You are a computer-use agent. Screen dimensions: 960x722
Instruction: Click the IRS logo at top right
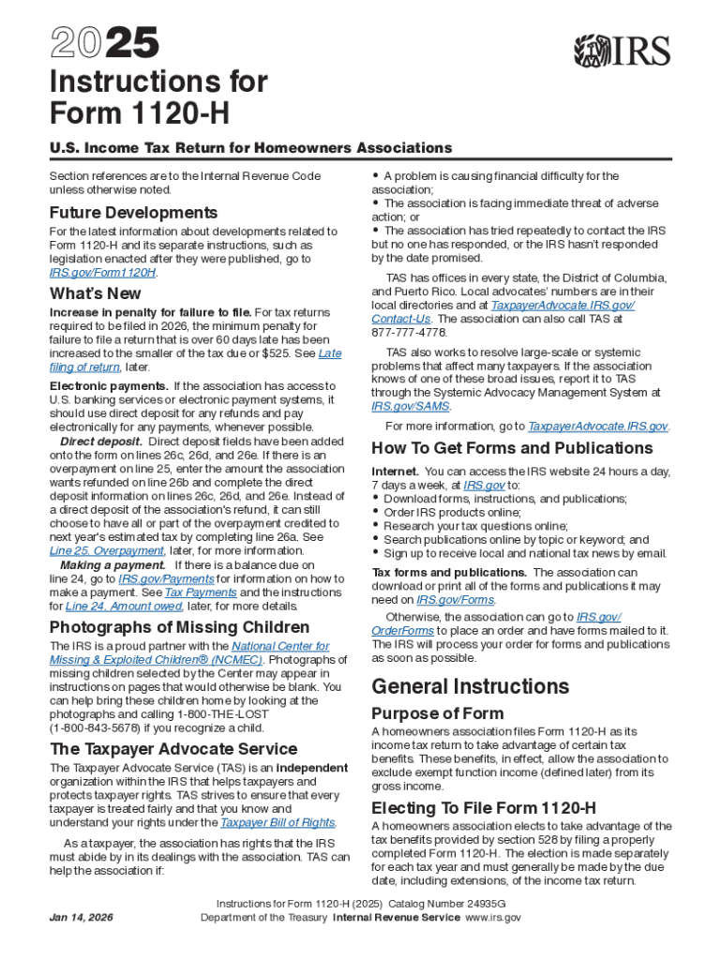click(x=622, y=50)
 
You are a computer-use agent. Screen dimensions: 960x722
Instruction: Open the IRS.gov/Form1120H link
click(x=102, y=272)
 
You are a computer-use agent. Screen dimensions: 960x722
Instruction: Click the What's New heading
click(x=96, y=294)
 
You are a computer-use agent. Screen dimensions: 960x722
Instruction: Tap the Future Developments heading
click(x=133, y=213)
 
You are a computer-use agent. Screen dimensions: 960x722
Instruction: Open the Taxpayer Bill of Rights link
click(x=278, y=822)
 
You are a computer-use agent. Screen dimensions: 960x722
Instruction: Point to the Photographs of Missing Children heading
click(x=179, y=627)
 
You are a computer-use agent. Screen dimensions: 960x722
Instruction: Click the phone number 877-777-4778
click(x=410, y=332)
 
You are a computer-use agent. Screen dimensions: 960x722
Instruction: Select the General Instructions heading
click(x=470, y=685)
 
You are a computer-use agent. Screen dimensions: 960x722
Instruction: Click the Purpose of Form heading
click(x=437, y=713)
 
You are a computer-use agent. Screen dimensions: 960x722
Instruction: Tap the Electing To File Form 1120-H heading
click(x=484, y=808)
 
